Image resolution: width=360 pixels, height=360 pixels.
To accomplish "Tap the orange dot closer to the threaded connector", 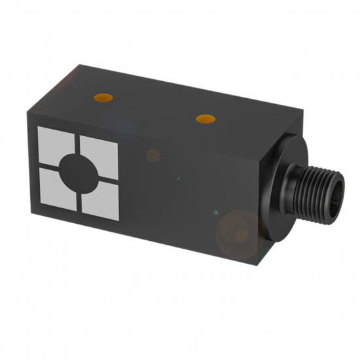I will click(206, 118).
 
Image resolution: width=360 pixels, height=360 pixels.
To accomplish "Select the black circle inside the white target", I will click(79, 171).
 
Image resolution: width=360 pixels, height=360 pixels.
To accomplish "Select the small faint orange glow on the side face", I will click(153, 156).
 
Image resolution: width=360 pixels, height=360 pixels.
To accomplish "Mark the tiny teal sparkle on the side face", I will click(215, 211).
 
